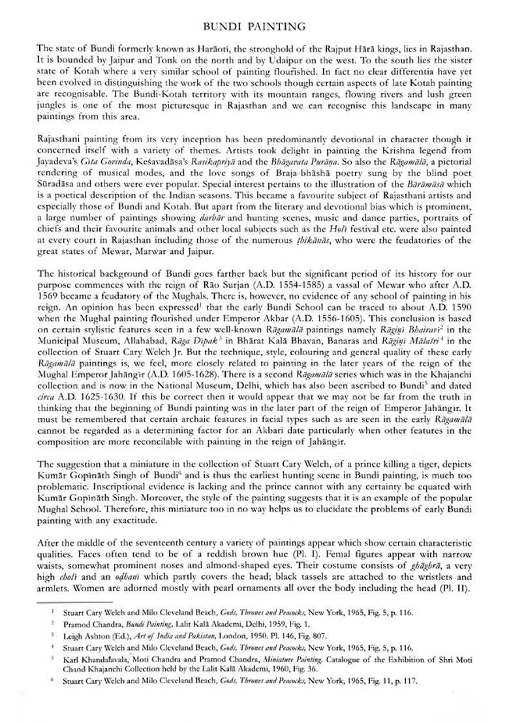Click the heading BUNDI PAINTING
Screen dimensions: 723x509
pyautogui.click(x=254, y=27)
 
